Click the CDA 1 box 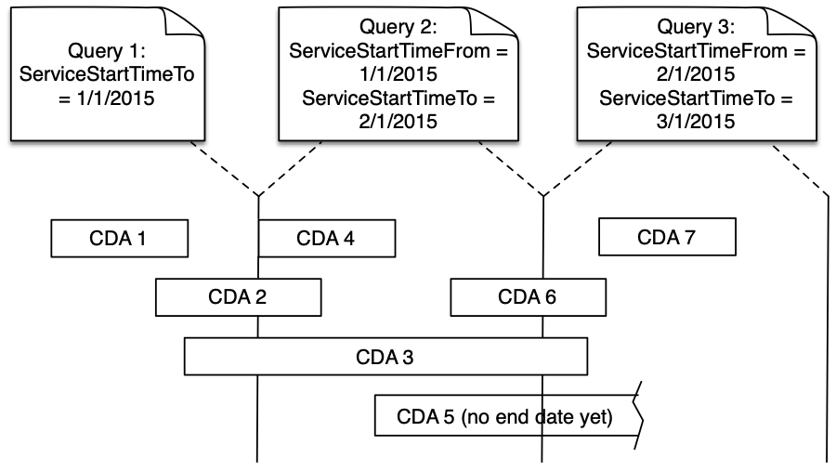point(120,239)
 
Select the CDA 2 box point(239,297)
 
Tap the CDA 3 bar point(385,357)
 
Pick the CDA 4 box point(327,239)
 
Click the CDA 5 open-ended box point(506,416)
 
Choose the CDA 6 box point(528,297)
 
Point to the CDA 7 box point(667,237)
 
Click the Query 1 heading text point(107,51)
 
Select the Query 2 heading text point(398,27)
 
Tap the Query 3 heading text point(696,27)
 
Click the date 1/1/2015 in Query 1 point(116,98)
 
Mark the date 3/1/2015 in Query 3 point(696,122)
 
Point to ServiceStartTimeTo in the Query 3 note point(686,98)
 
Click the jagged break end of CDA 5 point(638,416)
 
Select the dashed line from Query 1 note point(225,168)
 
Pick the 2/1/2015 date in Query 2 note point(398,122)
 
